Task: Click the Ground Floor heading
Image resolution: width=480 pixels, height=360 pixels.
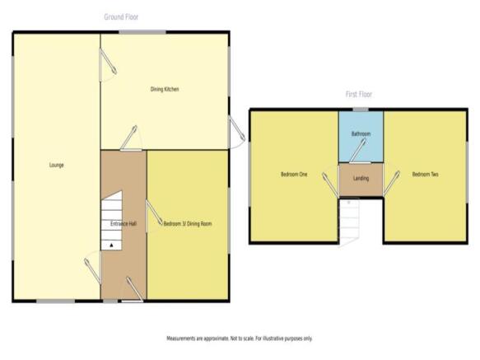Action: [121, 16]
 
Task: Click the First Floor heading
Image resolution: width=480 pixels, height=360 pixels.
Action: [359, 94]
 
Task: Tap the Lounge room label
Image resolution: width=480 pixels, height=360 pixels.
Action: [57, 165]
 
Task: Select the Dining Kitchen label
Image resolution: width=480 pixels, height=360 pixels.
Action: [165, 89]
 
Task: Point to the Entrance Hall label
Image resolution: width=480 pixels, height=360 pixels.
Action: [123, 223]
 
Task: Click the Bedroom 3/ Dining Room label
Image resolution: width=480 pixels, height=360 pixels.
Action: [188, 223]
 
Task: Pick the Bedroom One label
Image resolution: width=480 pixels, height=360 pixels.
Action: [294, 175]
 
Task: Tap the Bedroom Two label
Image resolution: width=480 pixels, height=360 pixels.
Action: [425, 175]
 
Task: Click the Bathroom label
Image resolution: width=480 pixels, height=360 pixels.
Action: [361, 134]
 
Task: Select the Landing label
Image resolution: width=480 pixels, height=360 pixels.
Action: [361, 178]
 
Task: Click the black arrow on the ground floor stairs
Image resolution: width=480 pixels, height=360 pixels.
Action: [111, 245]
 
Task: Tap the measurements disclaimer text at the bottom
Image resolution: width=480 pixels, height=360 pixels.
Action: [240, 339]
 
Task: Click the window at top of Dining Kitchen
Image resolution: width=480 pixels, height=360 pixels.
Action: [142, 32]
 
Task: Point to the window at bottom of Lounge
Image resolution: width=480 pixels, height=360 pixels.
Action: [56, 302]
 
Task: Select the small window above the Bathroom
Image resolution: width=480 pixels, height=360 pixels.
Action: [361, 110]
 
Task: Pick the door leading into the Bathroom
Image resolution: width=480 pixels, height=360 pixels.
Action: [358, 151]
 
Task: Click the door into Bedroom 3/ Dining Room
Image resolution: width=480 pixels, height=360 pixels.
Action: [154, 213]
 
